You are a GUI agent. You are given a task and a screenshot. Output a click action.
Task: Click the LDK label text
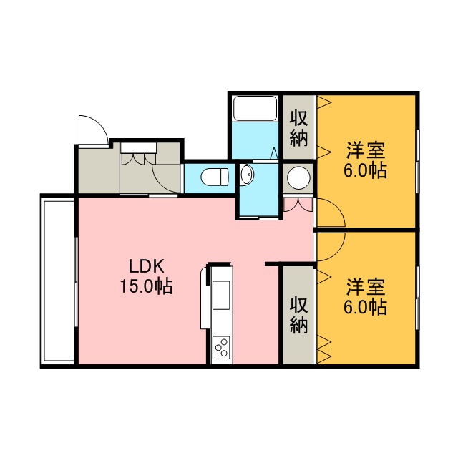pyautogui.click(x=146, y=266)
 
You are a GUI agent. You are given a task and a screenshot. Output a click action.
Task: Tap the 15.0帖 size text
pyautogui.click(x=146, y=286)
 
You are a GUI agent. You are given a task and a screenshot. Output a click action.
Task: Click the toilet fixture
pyautogui.click(x=215, y=177)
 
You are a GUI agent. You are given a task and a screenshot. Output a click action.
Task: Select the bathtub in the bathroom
pyautogui.click(x=255, y=108)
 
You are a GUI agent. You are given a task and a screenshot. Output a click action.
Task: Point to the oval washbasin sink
pyautogui.click(x=247, y=175)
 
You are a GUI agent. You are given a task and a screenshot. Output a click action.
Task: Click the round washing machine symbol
pyautogui.click(x=298, y=177)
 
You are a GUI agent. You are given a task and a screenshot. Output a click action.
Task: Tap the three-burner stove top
pyautogui.click(x=221, y=347)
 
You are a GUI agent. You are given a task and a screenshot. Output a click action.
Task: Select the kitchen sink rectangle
pyautogui.click(x=221, y=295)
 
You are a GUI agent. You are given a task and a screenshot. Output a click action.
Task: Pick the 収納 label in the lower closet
pyautogui.click(x=299, y=316)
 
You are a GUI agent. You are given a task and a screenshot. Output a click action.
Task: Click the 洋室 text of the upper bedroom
pyautogui.click(x=365, y=150)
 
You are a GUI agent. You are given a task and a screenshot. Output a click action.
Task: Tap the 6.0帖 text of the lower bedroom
pyautogui.click(x=365, y=307)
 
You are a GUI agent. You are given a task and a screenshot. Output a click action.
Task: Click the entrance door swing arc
pyautogui.click(x=99, y=124)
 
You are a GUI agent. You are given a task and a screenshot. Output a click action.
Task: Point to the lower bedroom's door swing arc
pyautogui.click(x=337, y=253)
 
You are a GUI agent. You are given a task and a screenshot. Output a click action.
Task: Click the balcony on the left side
pyautogui.click(x=59, y=281)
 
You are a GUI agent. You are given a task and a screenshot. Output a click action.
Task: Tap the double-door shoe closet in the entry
pyautogui.click(x=138, y=153)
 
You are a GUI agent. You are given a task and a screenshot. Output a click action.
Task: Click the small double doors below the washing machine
pyautogui.click(x=298, y=205)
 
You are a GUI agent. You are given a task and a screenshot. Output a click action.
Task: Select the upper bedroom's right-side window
pyautogui.click(x=417, y=162)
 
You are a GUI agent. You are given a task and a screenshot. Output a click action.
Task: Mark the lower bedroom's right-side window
pyautogui.click(x=417, y=298)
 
